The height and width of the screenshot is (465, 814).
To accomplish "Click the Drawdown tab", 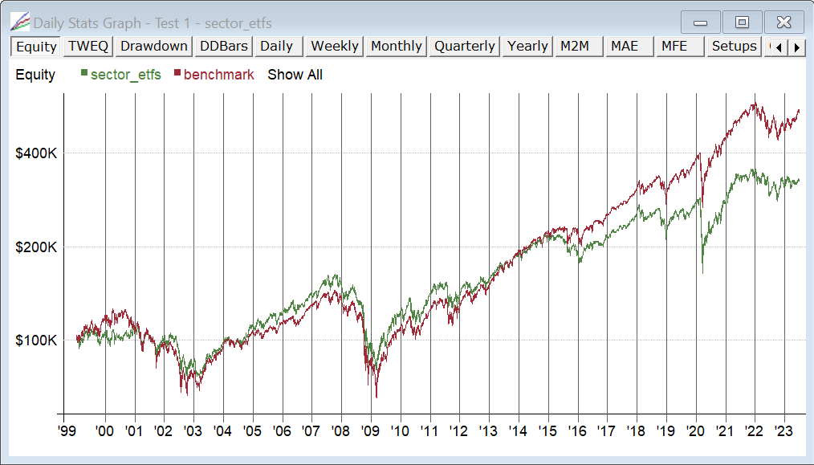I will (x=154, y=47).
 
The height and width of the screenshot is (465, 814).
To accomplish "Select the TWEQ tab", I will (x=88, y=47).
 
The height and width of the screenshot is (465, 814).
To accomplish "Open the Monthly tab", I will (x=397, y=47).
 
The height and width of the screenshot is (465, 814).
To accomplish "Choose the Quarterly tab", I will (x=465, y=47).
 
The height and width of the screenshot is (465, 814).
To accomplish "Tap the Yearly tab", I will (x=528, y=47).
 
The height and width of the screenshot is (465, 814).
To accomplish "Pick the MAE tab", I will (x=625, y=47).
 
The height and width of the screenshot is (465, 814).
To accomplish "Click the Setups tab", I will (x=734, y=47).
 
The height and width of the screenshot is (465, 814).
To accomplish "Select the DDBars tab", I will (x=224, y=47).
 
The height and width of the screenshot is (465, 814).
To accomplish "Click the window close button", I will (x=783, y=22).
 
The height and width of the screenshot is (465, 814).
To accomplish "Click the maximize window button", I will (x=742, y=22).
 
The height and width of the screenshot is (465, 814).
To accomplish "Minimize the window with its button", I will (x=700, y=22).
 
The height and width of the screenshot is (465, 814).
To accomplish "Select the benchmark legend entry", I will (x=218, y=75).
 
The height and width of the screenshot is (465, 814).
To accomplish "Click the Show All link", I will (x=295, y=75).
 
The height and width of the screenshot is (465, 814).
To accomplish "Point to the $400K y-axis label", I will (x=36, y=153).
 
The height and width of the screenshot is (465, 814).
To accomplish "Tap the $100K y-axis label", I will (x=36, y=340).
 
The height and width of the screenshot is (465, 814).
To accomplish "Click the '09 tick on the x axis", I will (x=371, y=430).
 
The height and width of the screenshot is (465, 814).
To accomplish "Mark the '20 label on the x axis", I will (x=696, y=430).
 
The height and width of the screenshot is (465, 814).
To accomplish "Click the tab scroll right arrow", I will (x=796, y=47).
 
